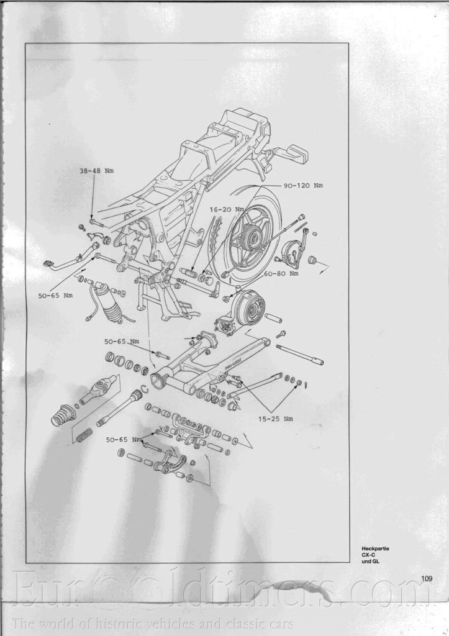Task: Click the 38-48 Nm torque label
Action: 96,171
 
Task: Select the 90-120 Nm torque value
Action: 303,185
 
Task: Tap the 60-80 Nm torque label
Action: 281,273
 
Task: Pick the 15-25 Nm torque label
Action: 275,419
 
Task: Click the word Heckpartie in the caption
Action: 376,548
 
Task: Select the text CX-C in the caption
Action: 369,555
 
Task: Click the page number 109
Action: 427,579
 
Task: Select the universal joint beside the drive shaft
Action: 100,389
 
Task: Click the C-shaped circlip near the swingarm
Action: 145,391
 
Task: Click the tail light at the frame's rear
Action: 294,155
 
